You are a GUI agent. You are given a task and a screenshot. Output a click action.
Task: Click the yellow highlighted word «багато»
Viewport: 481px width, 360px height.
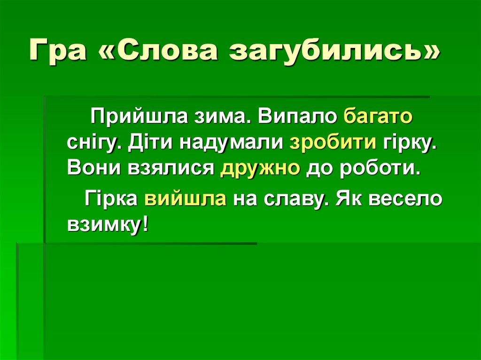pos(378,116)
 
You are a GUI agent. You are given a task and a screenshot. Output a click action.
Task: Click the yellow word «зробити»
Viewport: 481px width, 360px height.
pos(333,142)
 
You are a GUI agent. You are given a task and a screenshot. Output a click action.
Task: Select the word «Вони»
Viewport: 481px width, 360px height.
pos(92,168)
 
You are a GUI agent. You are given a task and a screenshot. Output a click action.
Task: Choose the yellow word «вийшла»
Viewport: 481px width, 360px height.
pos(186,199)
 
